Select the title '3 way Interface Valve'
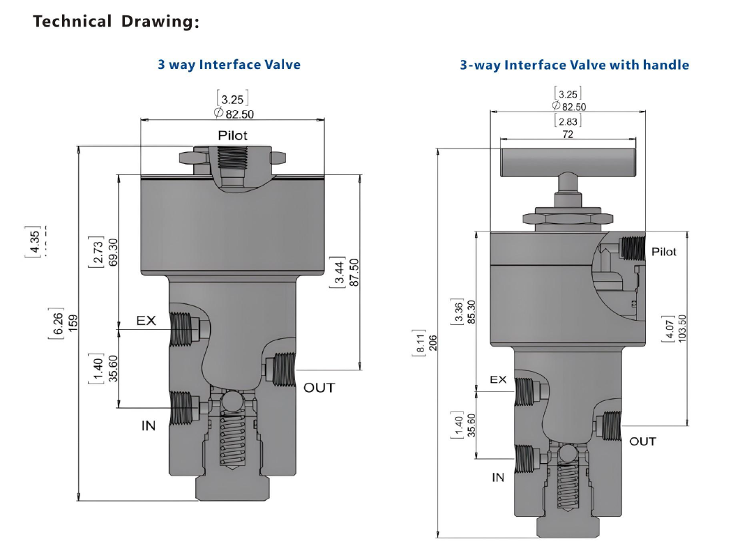229,65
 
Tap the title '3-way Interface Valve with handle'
574,65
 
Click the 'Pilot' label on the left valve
232,135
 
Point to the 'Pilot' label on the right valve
663,252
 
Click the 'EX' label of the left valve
146,321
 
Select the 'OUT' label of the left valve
319,388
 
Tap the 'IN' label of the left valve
149,425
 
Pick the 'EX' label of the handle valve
498,380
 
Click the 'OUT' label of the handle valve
642,441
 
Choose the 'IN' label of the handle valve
498,478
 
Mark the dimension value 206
432,342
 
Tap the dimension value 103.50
682,328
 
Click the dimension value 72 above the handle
568,134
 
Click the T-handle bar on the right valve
568,162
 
